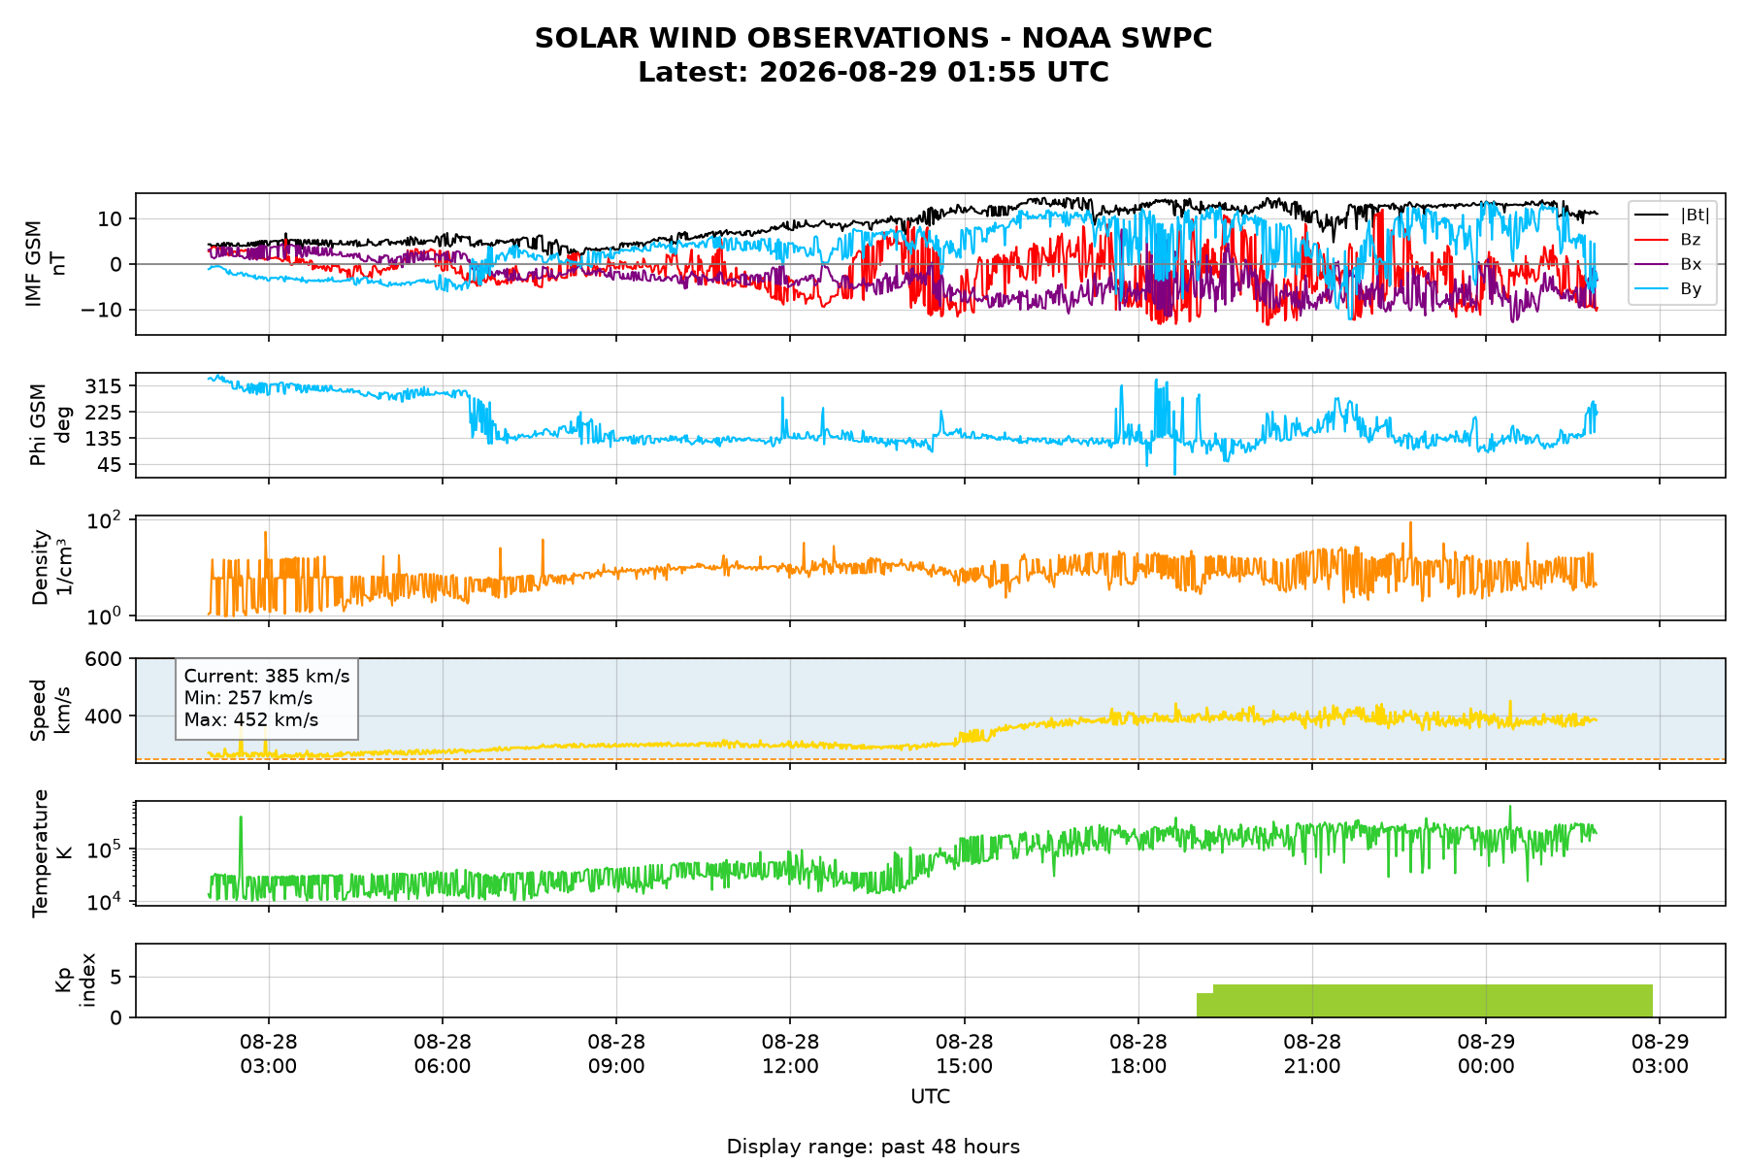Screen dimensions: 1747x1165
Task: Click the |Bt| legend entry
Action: click(1671, 215)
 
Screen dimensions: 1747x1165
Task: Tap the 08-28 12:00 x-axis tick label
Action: click(790, 1053)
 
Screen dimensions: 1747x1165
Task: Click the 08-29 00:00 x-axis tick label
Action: click(1486, 1053)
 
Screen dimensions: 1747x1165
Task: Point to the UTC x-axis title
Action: click(930, 1097)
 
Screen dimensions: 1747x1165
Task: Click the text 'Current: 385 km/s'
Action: click(267, 677)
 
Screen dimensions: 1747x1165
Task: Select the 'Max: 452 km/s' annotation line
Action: click(251, 720)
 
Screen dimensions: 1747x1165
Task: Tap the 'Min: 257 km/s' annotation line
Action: click(248, 698)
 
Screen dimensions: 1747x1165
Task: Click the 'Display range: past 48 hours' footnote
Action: click(873, 1147)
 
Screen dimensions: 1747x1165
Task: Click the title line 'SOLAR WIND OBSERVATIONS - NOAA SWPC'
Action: click(873, 38)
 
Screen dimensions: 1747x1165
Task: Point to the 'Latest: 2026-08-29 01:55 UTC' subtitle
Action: click(873, 73)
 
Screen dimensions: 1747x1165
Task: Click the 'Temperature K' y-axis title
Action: click(51, 852)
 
